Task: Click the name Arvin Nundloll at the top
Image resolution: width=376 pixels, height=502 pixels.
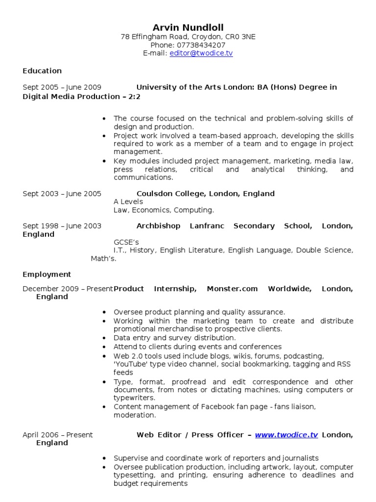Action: click(188, 27)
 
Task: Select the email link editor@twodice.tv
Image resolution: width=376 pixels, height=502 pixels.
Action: click(201, 53)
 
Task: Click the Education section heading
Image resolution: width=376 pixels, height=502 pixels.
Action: click(42, 71)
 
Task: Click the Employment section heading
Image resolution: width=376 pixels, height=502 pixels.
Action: click(47, 275)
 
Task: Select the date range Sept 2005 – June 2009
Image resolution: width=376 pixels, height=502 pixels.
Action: click(62, 87)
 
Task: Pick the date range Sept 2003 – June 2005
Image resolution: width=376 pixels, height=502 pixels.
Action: click(62, 194)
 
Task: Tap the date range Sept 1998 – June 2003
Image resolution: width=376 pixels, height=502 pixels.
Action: click(62, 226)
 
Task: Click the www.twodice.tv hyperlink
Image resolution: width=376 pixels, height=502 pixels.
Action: click(286, 435)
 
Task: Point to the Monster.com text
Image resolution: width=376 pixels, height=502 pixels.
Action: click(232, 289)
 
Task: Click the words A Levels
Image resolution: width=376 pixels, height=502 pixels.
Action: click(128, 201)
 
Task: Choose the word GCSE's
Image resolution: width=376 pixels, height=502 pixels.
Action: click(126, 242)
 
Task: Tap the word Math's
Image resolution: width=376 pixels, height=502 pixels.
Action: click(104, 258)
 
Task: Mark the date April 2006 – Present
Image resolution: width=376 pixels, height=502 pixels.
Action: click(57, 435)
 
